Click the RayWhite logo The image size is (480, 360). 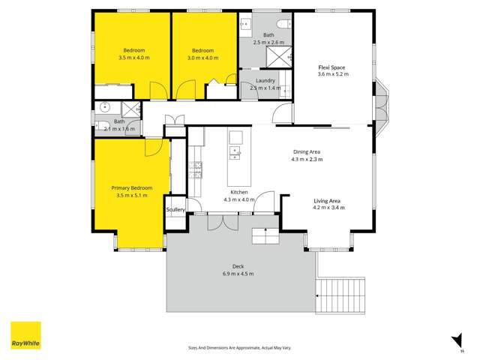tap(25, 335)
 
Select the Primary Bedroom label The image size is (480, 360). tap(132, 187)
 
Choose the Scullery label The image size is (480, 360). tap(175, 209)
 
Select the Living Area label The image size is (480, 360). tap(328, 200)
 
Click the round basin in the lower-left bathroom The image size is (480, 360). tap(103, 106)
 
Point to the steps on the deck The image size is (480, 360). tap(265, 236)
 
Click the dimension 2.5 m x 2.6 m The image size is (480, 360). tap(268, 43)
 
